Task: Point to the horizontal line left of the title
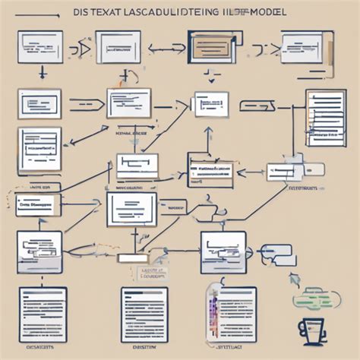click(x=36, y=14)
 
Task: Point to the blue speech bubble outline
click(x=276, y=254)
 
